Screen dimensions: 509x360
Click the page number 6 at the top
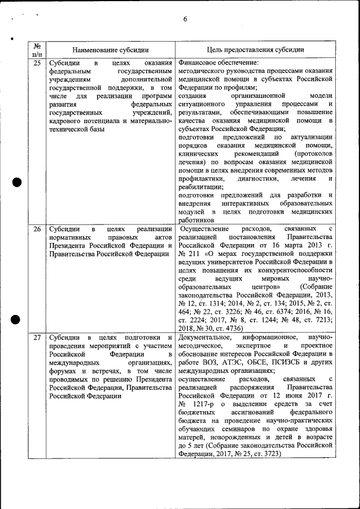[184, 20]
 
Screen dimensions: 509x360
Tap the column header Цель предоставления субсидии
[256, 49]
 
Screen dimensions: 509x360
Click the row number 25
[37, 63]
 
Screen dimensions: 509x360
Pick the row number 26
[37, 229]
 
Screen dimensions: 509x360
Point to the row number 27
[37, 337]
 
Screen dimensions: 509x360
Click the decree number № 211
[188, 254]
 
